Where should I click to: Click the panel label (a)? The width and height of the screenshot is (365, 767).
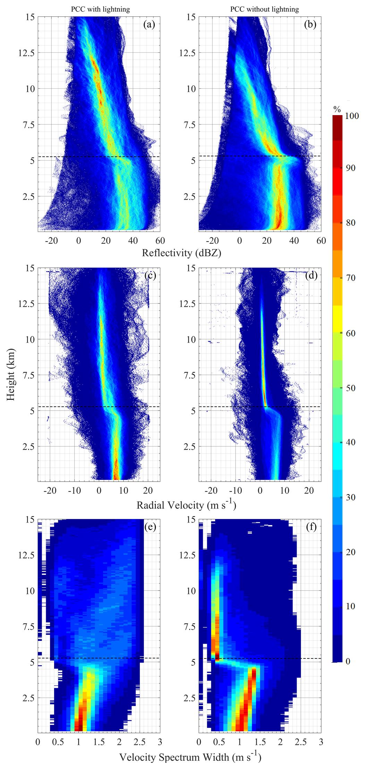[x=150, y=25]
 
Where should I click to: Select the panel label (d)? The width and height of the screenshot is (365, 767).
[x=310, y=276]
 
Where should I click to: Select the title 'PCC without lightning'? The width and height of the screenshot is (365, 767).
[x=264, y=9]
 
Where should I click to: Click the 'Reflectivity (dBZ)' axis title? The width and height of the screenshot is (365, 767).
[x=181, y=253]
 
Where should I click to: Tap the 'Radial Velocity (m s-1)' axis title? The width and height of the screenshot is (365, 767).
[x=186, y=505]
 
